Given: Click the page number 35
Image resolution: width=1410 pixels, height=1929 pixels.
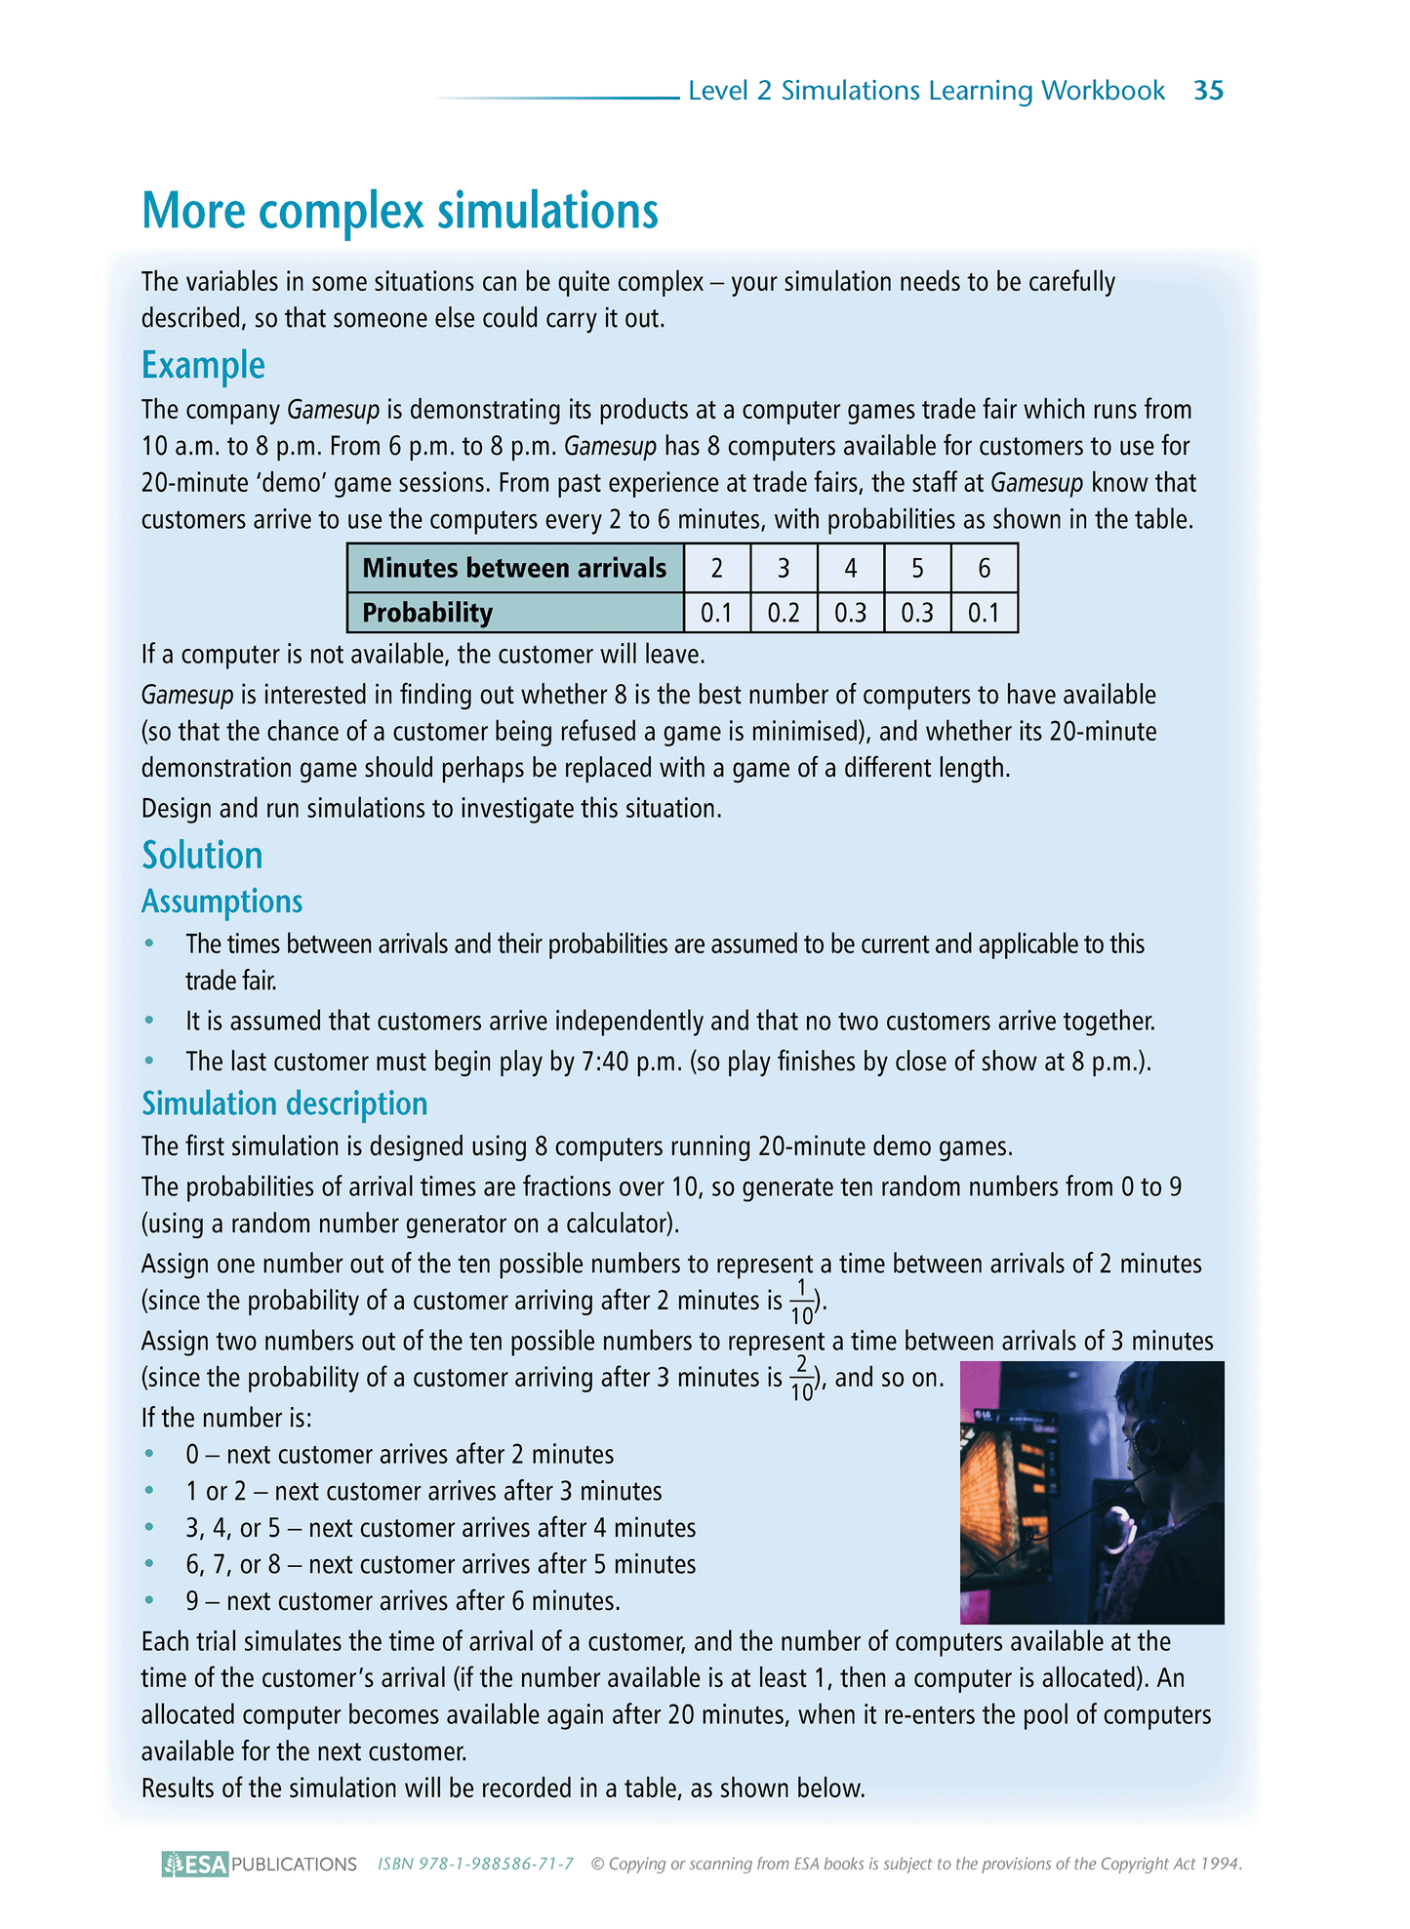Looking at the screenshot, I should point(1208,91).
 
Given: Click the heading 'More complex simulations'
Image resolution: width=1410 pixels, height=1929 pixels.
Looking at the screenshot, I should point(400,211).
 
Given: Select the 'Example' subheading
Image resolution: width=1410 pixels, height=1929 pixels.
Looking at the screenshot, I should point(203,365).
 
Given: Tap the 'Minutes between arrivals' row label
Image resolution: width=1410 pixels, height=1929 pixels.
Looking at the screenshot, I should point(514,568).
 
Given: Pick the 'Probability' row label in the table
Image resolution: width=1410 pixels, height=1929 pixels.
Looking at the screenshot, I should point(427,613).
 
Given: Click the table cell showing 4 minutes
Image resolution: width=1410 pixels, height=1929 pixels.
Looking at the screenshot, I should point(850,568).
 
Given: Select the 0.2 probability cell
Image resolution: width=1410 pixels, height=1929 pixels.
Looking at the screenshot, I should point(784,613).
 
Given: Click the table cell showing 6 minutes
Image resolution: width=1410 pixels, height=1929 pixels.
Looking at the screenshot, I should point(984,568).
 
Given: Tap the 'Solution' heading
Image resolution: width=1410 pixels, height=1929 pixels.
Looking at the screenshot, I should point(202,856).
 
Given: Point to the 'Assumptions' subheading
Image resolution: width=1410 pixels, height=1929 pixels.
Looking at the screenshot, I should point(222,902).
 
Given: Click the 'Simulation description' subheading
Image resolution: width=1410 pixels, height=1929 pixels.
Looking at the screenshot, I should point(285,1104).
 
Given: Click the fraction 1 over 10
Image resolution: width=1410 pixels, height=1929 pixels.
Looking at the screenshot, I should point(801,1302).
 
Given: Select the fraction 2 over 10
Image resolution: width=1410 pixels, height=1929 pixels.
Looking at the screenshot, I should point(801,1378).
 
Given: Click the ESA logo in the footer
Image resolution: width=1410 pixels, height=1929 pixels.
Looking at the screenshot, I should point(195,1864).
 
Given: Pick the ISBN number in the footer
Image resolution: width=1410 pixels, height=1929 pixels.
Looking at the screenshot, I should point(475,1864).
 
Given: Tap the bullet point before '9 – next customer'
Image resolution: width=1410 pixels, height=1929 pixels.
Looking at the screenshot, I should point(149,1601).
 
